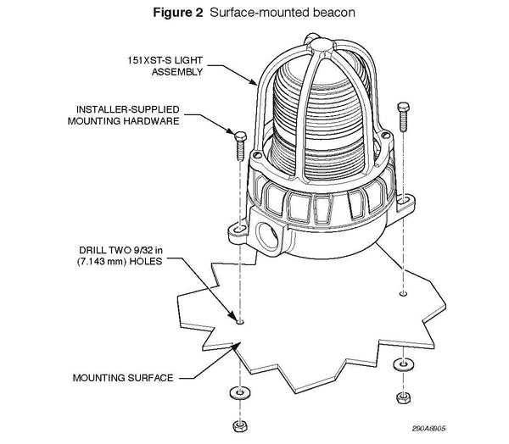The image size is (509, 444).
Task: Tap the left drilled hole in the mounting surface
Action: pos(240,322)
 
